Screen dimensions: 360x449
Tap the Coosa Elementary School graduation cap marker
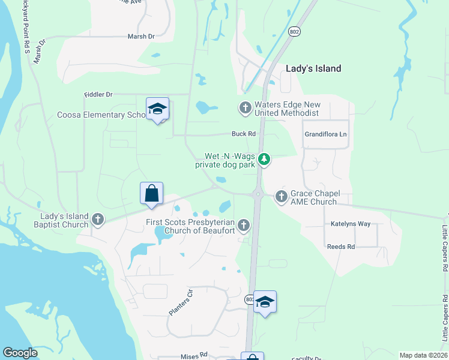tap(157, 109)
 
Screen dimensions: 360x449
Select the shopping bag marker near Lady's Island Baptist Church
tap(151, 194)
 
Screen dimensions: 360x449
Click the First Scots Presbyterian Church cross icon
tap(243, 225)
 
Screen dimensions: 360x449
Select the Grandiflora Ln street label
tap(326, 134)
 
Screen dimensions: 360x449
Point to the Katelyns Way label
tap(350, 224)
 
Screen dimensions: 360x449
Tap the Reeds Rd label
tap(341, 247)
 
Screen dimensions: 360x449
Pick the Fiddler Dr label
tap(98, 94)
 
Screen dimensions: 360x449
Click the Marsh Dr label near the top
tap(141, 37)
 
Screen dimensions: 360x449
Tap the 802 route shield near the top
tap(294, 32)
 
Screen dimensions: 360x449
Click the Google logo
tap(20, 353)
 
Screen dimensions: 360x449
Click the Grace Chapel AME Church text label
tap(315, 197)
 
